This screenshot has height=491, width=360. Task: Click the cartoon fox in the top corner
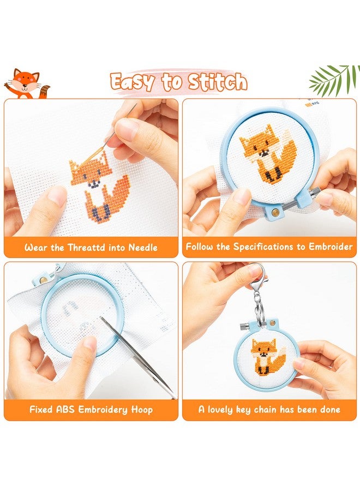[27, 84]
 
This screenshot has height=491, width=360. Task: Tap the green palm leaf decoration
[334, 80]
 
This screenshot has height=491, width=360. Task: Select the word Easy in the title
[133, 82]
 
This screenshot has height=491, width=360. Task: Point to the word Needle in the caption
[143, 248]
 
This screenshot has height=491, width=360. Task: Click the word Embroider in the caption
[331, 247]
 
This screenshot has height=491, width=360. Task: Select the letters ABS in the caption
[66, 409]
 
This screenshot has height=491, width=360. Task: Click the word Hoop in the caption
[142, 410]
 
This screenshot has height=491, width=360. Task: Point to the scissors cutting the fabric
[138, 357]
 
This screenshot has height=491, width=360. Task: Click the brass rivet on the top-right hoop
[275, 213]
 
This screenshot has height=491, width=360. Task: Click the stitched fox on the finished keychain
[268, 356]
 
